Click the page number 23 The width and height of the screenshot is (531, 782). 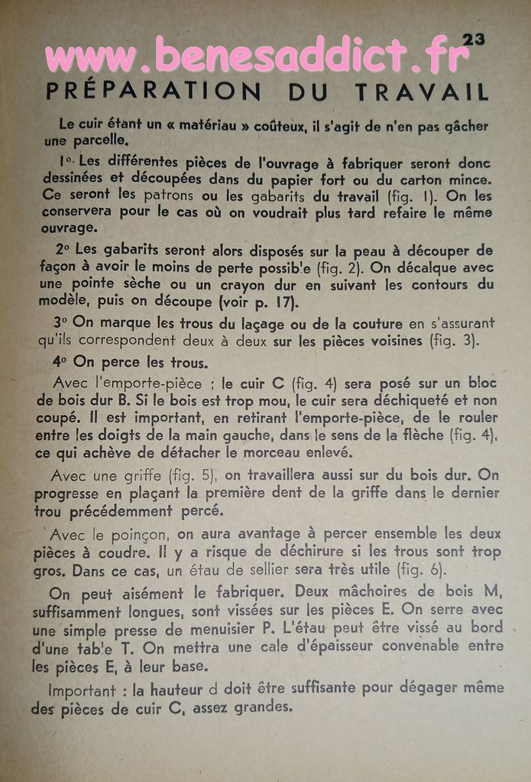(x=473, y=40)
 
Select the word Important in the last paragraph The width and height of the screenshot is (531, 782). (x=83, y=689)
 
